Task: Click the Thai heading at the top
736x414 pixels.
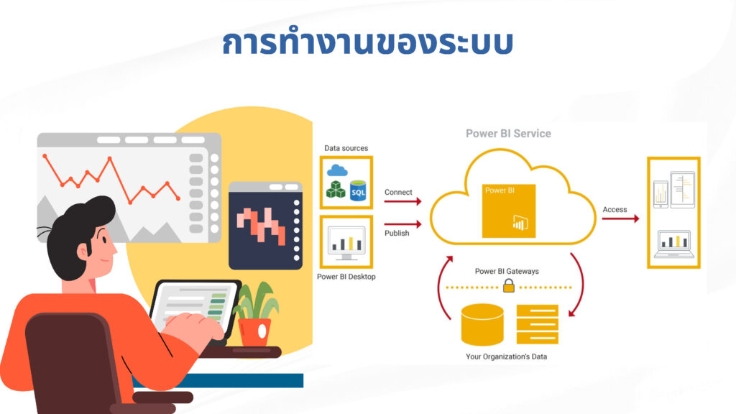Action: (367, 42)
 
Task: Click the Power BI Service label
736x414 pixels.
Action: (508, 134)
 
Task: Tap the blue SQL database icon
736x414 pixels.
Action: (358, 190)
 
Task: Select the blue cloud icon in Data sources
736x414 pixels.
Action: (337, 170)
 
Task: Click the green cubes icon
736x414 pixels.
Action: (336, 190)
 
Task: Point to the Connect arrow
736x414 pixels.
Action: (402, 201)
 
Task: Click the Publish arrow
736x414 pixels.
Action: (402, 224)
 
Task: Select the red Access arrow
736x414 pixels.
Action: (620, 218)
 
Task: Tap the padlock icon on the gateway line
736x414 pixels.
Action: (509, 285)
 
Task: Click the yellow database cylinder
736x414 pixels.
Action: (482, 324)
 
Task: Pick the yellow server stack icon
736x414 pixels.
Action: (538, 324)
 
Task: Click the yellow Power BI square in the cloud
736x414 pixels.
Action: (509, 211)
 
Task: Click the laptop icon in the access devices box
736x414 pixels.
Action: (674, 244)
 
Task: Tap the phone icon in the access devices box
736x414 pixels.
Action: (661, 194)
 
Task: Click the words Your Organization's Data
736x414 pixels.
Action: (507, 356)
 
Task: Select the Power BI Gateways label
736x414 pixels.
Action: (507, 271)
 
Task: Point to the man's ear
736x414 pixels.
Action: (83, 252)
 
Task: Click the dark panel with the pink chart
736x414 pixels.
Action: (266, 226)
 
